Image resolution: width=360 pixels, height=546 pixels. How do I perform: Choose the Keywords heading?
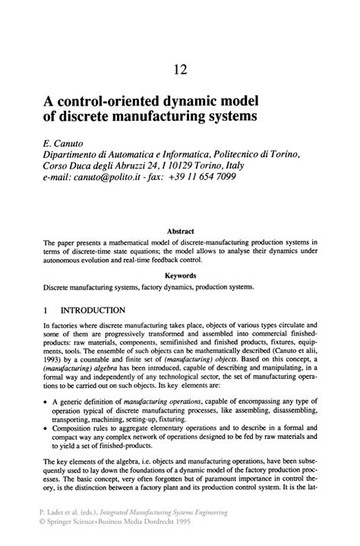pyautogui.click(x=180, y=276)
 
